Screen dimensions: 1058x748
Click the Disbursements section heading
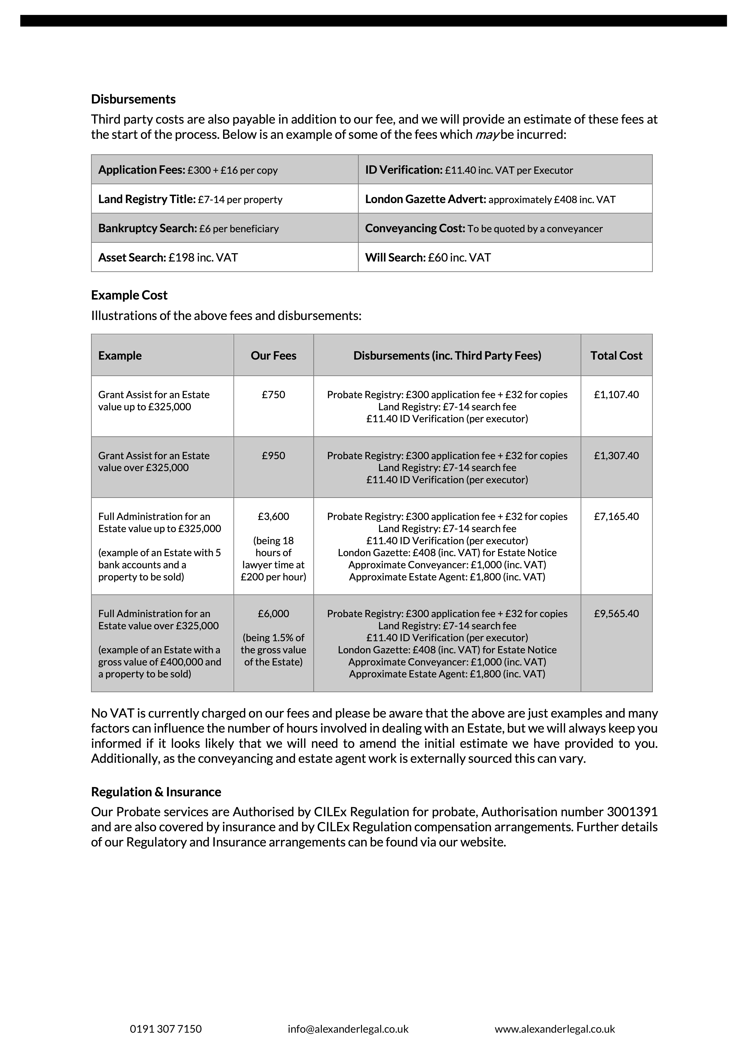(x=133, y=99)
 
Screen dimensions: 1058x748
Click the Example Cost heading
(x=129, y=295)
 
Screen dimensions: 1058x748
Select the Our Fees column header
(x=273, y=355)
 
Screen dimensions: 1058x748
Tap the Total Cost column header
(x=616, y=355)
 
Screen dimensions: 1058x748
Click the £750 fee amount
(x=273, y=395)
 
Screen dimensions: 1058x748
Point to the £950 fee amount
(x=273, y=455)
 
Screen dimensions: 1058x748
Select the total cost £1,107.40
(x=616, y=395)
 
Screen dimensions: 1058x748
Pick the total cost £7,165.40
(x=616, y=516)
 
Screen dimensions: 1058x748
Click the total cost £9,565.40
(x=616, y=613)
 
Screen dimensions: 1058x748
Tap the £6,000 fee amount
(x=273, y=613)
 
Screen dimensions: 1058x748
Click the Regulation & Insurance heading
(x=156, y=792)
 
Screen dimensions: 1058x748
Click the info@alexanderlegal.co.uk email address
(x=348, y=1029)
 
